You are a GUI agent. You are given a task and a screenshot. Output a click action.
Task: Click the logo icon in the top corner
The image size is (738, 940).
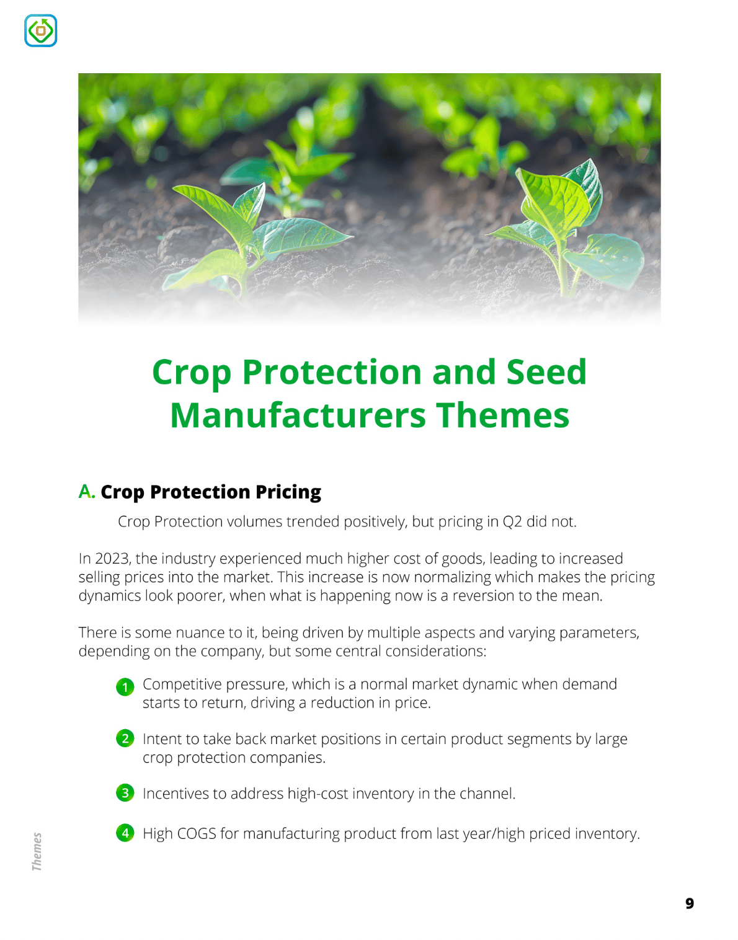(x=41, y=31)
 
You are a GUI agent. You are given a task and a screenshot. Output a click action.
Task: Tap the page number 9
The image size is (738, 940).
(x=690, y=903)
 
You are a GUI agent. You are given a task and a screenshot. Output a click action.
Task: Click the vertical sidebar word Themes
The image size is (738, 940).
(x=37, y=851)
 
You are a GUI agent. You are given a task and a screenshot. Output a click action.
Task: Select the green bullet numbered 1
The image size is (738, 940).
(x=125, y=688)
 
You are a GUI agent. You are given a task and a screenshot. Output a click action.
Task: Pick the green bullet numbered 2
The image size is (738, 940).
(x=125, y=738)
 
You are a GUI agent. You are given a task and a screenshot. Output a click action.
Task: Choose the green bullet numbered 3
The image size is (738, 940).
(x=125, y=793)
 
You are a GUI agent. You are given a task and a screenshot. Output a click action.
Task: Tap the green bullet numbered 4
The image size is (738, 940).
(x=125, y=833)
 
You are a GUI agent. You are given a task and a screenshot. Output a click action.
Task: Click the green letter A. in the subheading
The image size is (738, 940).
(x=87, y=492)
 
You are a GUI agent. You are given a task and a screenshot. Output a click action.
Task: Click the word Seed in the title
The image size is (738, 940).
(x=546, y=372)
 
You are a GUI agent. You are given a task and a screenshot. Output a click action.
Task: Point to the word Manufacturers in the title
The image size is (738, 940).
(x=298, y=415)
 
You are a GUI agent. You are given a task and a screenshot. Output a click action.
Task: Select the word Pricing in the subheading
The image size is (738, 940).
(x=288, y=492)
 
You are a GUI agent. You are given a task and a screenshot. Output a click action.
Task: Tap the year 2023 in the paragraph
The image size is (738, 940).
(x=112, y=559)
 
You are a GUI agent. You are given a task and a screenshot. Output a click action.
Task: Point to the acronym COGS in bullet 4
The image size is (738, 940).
(x=197, y=833)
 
